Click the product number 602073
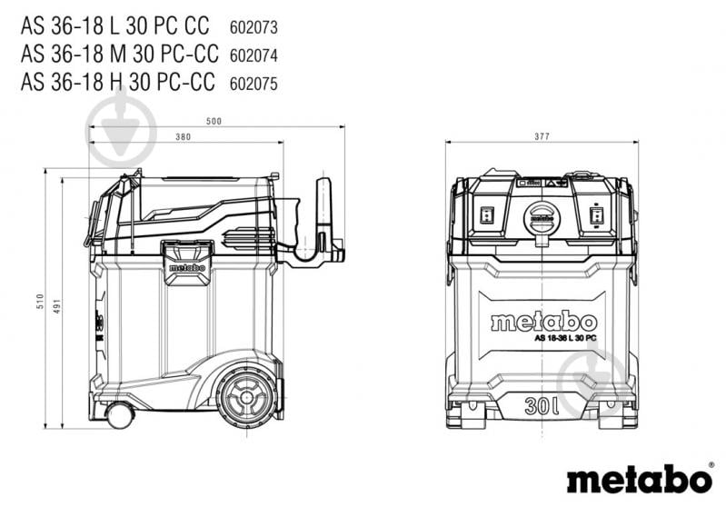tap(254, 27)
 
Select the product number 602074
tap(254, 55)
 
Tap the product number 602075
tap(254, 84)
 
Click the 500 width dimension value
tap(214, 122)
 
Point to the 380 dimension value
tap(184, 137)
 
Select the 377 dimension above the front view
tap(542, 136)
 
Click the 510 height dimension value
tap(40, 302)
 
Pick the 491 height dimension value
tap(57, 306)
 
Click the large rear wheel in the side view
tap(247, 398)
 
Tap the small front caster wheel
tap(120, 415)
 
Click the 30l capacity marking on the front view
tap(542, 406)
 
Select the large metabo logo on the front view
tap(543, 323)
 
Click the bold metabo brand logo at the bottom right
tap(640, 479)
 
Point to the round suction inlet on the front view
tap(542, 218)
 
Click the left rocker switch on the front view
tap(487, 214)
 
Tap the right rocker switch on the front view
tap(596, 215)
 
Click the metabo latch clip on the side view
tap(187, 262)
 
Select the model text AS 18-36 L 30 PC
tap(565, 338)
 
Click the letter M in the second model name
tap(118, 54)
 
